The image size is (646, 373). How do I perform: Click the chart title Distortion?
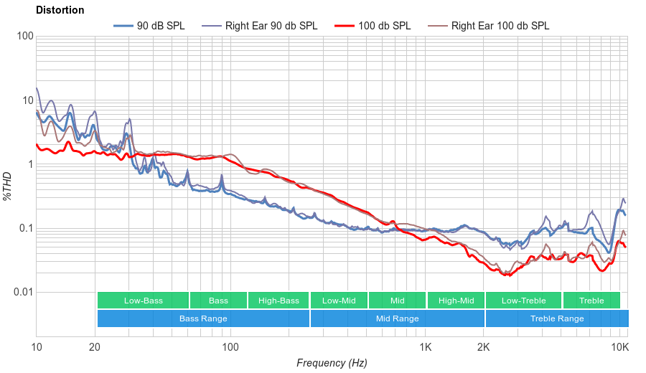point(60,10)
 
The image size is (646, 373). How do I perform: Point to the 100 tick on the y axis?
point(24,37)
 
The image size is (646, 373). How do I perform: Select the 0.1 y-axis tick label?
point(25,228)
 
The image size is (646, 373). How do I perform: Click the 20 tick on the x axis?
point(95,348)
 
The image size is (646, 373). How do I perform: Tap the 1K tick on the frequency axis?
point(425,348)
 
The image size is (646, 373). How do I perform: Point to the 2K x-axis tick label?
point(484,348)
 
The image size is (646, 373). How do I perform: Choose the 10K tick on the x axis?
point(620,348)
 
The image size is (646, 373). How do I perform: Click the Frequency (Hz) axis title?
point(332,363)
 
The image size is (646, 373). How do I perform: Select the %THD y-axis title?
point(8,186)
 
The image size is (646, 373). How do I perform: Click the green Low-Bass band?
point(143,301)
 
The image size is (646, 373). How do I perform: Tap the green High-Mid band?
point(456,301)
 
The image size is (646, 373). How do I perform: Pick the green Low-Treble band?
point(523,301)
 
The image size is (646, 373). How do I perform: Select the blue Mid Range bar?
point(398,318)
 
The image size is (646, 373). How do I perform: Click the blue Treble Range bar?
point(556,318)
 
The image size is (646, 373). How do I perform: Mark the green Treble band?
point(591,301)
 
